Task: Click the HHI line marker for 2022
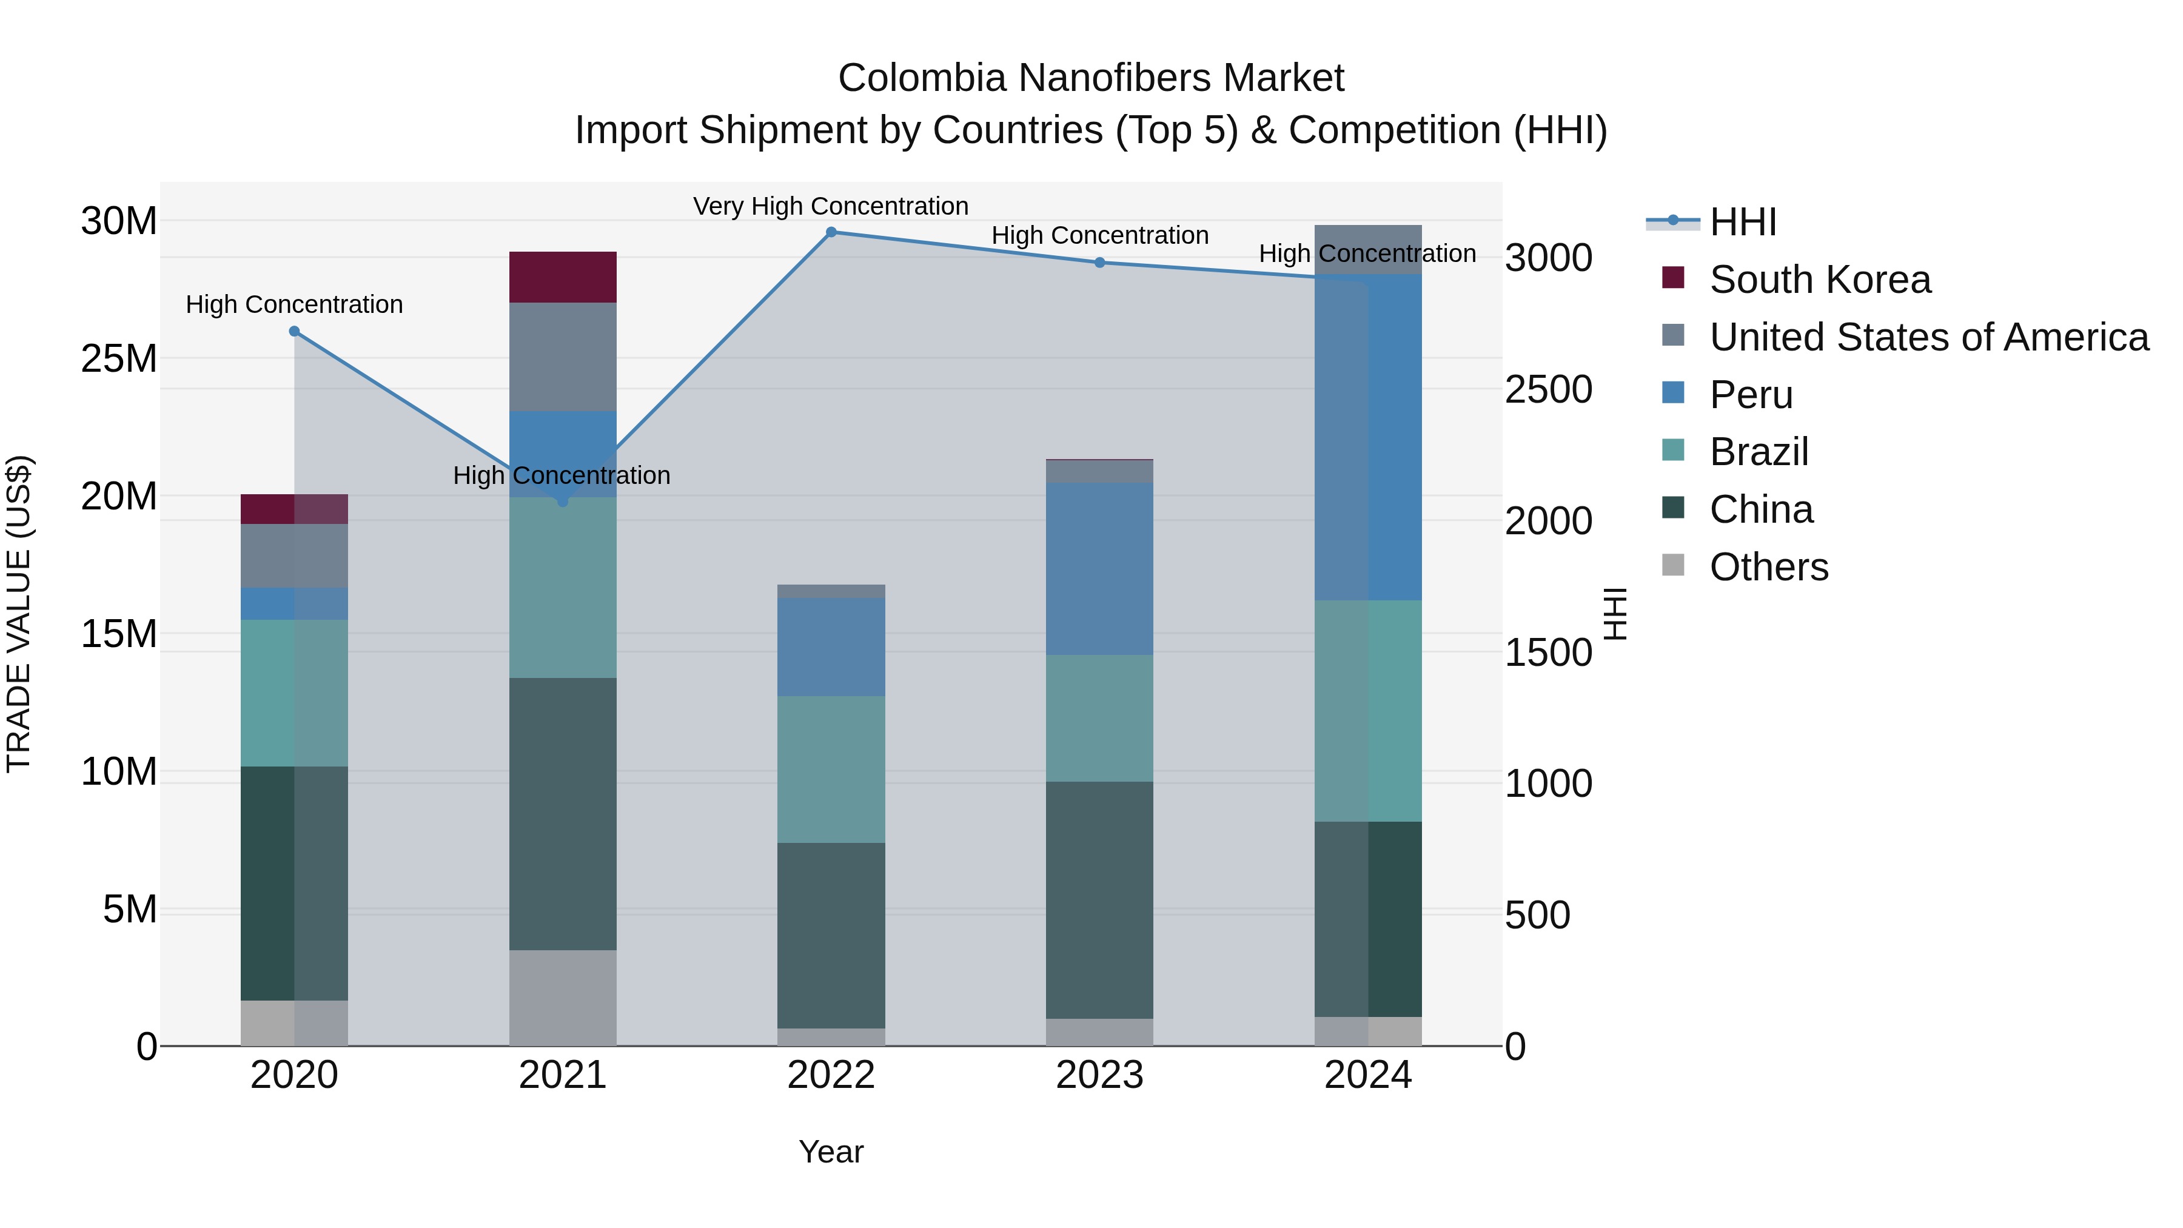[831, 232]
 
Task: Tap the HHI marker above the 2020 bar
[294, 331]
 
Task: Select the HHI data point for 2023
[1099, 263]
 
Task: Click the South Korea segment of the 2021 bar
[563, 277]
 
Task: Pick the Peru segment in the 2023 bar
[1099, 569]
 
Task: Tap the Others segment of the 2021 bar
[563, 998]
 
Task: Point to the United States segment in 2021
[563, 357]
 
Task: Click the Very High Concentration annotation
[831, 206]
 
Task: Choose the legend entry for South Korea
[1819, 280]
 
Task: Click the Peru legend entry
[1751, 395]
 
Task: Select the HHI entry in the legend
[1742, 222]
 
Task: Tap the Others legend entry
[1769, 567]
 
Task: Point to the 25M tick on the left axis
[119, 358]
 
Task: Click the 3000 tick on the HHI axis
[1548, 258]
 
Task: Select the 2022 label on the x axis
[831, 1075]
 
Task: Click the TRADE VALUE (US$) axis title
[19, 614]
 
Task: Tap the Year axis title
[831, 1152]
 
